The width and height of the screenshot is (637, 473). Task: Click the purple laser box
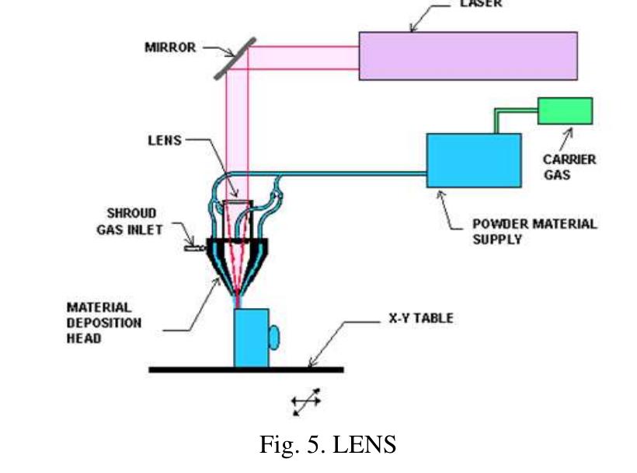[x=468, y=56]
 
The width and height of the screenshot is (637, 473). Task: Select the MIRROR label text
[x=170, y=47]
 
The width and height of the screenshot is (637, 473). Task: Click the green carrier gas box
[x=565, y=111]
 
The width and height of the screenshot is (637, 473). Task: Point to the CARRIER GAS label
[x=569, y=166]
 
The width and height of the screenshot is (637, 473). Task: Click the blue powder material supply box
[x=473, y=160]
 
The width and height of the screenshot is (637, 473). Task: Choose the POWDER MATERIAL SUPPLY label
[x=534, y=231]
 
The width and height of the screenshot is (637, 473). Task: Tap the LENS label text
[x=164, y=141]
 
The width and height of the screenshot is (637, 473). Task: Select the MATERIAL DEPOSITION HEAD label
[x=99, y=323]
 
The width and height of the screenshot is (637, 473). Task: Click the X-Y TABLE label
[x=420, y=318]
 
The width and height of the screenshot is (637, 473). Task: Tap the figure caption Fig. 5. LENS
[x=327, y=444]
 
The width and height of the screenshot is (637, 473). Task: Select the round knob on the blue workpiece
[x=273, y=337]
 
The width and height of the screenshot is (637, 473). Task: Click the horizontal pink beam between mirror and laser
[x=303, y=56]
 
